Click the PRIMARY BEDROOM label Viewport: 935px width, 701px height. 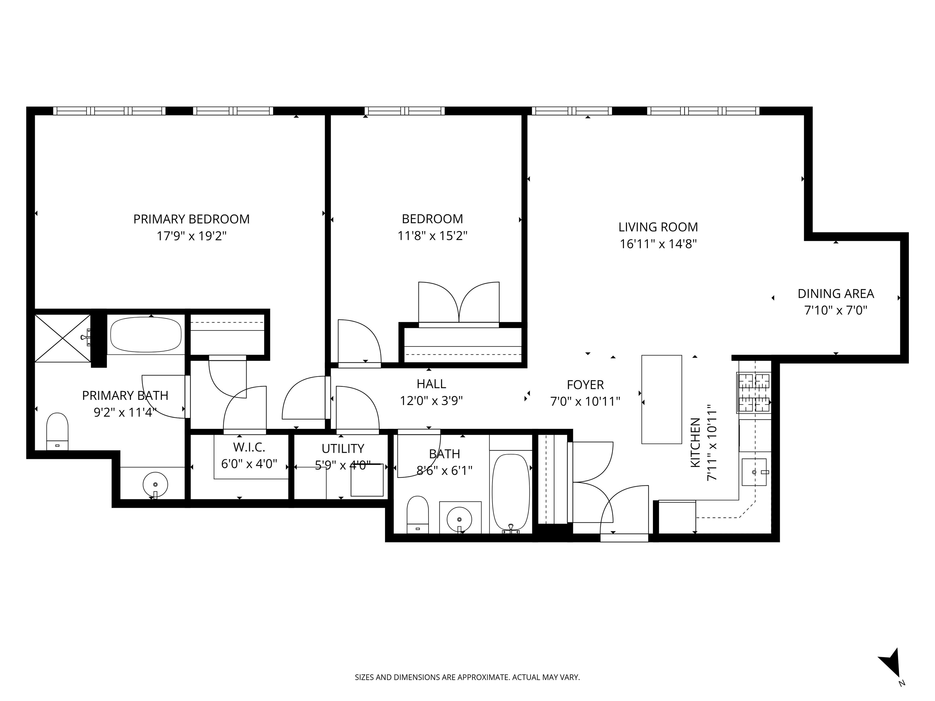pos(191,219)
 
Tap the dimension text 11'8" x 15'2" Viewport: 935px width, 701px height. pos(432,235)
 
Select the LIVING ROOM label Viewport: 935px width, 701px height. pos(658,227)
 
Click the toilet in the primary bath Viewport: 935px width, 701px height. pos(57,431)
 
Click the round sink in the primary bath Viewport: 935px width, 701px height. pos(155,484)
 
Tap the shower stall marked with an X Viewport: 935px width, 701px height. pos(63,338)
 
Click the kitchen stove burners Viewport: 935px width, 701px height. pos(754,392)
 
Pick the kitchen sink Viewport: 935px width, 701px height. pos(754,472)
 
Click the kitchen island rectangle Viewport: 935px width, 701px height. pos(661,399)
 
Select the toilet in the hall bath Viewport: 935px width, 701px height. pos(418,514)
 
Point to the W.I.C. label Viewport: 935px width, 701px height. pos(249,447)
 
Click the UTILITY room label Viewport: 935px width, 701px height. pos(342,448)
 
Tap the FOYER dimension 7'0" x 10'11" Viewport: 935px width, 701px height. pos(585,401)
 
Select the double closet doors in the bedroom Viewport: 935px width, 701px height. pos(459,303)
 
